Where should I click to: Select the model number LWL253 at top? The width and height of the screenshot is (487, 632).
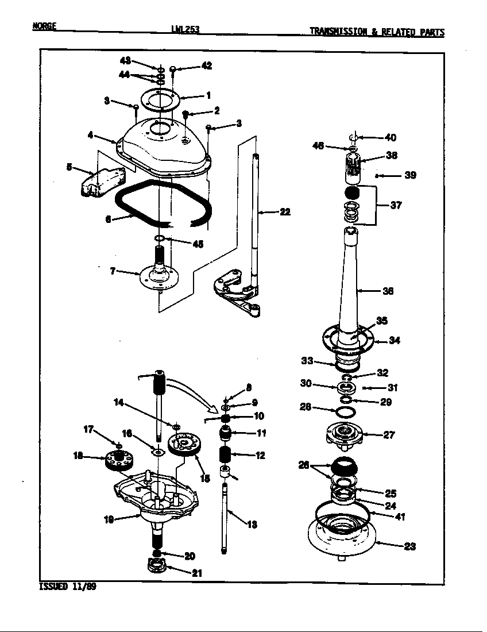click(x=185, y=29)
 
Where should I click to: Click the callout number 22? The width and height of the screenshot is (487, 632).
click(x=284, y=212)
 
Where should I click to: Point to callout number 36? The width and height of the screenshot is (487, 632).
click(x=388, y=291)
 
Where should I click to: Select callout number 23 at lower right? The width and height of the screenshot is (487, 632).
click(x=409, y=546)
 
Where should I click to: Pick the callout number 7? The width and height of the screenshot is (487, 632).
click(x=113, y=271)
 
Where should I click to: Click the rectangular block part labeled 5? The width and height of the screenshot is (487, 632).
click(x=98, y=183)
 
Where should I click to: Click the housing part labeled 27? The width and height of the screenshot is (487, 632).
click(x=346, y=435)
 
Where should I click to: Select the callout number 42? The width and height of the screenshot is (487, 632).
click(x=206, y=66)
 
